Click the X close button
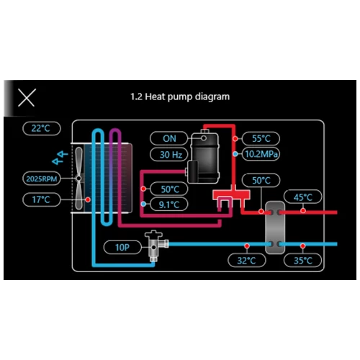(26, 98)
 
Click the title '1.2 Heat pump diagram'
(180, 96)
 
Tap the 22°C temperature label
(41, 129)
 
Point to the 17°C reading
(41, 199)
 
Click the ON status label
(169, 138)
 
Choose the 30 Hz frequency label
(169, 154)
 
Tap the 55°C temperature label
(261, 138)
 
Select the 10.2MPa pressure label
(261, 154)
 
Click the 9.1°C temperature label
(168, 204)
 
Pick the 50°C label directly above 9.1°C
(168, 189)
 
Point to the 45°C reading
(303, 197)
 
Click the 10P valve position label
(121, 247)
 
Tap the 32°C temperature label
(246, 260)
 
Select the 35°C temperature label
(303, 260)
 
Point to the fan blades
(77, 178)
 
